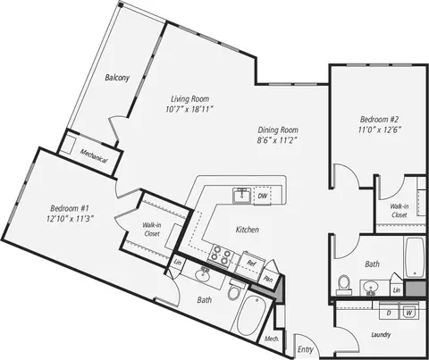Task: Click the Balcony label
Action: point(117,78)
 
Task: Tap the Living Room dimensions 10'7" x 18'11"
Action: point(189,109)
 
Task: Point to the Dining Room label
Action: point(278,130)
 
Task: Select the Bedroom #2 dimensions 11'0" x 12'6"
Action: point(380,130)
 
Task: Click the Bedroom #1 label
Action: point(70,208)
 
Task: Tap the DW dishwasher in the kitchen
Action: point(263,196)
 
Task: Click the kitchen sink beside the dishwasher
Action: point(242,196)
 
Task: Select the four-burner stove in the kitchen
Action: point(221,256)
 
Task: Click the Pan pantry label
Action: point(268,280)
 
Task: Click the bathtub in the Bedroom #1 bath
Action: point(251,316)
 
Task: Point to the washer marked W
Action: point(409,312)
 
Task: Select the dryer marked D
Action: point(389,312)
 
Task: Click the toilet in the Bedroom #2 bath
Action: point(344,285)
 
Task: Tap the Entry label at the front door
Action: point(306,349)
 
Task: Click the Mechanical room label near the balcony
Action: point(94,156)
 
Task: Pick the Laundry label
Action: point(381,335)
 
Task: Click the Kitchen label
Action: point(248,230)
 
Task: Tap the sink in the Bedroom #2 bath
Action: point(371,288)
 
